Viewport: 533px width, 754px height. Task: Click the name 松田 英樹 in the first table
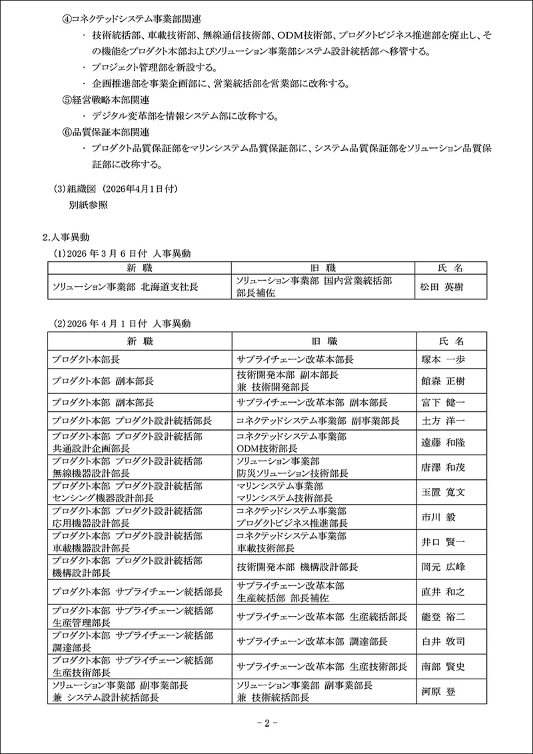[x=442, y=288]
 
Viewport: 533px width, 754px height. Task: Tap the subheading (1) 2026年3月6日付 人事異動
[x=123, y=253]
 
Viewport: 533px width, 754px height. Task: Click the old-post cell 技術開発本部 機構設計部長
[x=297, y=567]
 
